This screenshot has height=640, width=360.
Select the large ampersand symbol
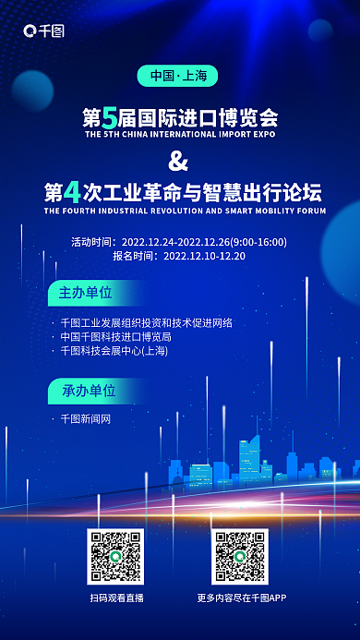pos(179,162)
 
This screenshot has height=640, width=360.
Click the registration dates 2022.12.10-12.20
pos(204,256)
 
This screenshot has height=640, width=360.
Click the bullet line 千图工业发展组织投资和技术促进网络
pos(146,323)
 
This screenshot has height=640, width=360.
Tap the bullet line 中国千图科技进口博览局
pos(115,337)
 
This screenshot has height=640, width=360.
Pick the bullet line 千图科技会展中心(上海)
pos(114,351)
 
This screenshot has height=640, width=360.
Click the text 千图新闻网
pos(85,419)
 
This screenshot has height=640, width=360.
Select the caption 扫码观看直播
pos(117,598)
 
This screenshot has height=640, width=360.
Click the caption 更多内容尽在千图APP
pos(242,598)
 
